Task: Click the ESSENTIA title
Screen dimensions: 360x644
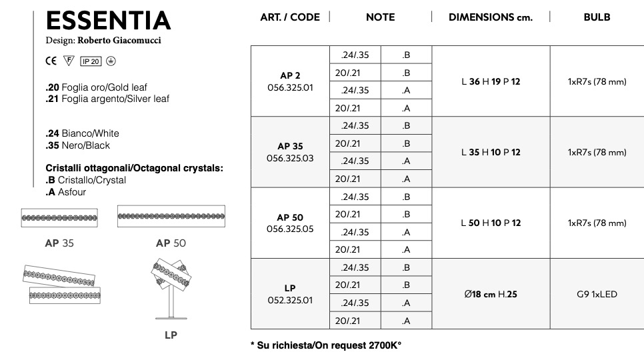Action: pyautogui.click(x=108, y=21)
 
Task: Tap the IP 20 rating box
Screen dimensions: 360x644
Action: pyautogui.click(x=91, y=61)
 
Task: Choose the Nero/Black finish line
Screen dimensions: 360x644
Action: pyautogui.click(x=77, y=145)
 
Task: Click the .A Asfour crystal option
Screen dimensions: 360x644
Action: pyautogui.click(x=66, y=192)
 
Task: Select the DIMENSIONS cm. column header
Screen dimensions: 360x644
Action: pyautogui.click(x=490, y=17)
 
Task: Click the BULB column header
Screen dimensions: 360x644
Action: pyautogui.click(x=597, y=17)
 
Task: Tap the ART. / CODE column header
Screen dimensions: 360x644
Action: pyautogui.click(x=289, y=17)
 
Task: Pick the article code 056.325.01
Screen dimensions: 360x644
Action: pyautogui.click(x=290, y=87)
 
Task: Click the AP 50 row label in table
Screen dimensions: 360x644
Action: pyautogui.click(x=290, y=217)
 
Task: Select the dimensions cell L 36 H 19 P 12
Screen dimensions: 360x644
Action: pyautogui.click(x=491, y=81)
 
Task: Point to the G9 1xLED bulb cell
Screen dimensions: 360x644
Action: pyautogui.click(x=597, y=294)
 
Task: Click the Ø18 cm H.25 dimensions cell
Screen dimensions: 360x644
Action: pyautogui.click(x=490, y=294)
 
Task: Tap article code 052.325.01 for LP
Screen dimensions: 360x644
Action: pyautogui.click(x=290, y=300)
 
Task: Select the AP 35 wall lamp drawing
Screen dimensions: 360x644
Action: pyautogui.click(x=60, y=217)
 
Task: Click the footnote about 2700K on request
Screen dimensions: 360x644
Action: pyautogui.click(x=326, y=345)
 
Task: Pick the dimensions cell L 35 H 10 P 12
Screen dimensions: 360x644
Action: pyautogui.click(x=491, y=152)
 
